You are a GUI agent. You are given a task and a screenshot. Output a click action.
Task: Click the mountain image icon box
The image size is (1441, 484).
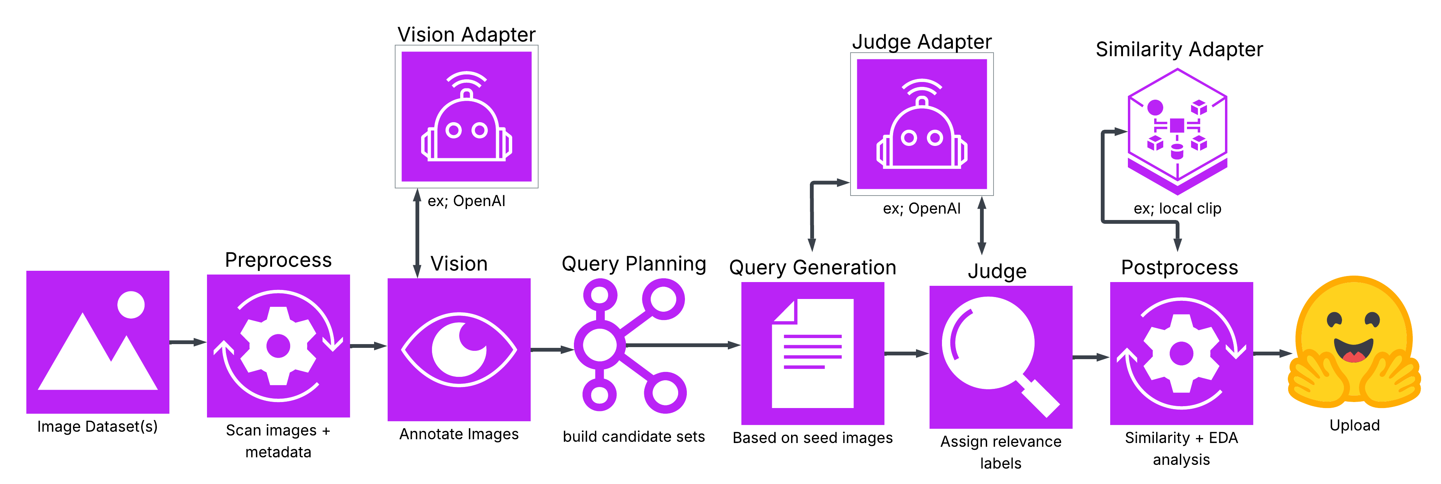[98, 342]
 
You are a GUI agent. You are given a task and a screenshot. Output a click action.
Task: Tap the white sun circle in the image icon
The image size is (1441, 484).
[131, 305]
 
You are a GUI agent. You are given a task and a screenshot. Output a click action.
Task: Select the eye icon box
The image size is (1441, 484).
[459, 349]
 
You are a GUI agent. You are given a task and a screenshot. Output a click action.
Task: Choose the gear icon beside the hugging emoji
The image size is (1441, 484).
[1181, 353]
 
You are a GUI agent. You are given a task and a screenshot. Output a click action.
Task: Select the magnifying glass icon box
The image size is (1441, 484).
[1000, 357]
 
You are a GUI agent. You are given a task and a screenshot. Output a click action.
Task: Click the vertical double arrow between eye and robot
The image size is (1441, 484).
[417, 233]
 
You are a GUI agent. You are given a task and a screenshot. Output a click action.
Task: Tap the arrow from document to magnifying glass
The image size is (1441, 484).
[906, 353]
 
